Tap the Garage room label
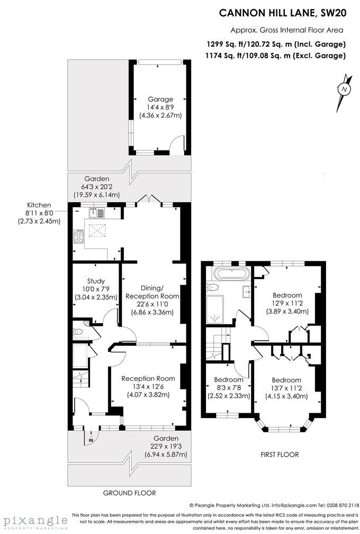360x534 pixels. coord(160,99)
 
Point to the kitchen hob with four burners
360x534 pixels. coord(79,237)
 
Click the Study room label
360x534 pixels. coord(95,281)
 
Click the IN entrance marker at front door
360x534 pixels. coord(91,440)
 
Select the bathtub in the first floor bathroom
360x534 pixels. coord(229,274)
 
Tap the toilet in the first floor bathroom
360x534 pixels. coord(213,287)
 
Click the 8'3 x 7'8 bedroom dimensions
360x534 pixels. coord(229,388)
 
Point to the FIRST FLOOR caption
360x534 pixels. coord(280,455)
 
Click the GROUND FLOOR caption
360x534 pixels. coord(129,493)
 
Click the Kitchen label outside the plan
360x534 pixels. coord(40,205)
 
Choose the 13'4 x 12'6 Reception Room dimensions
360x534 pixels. coord(148,387)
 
